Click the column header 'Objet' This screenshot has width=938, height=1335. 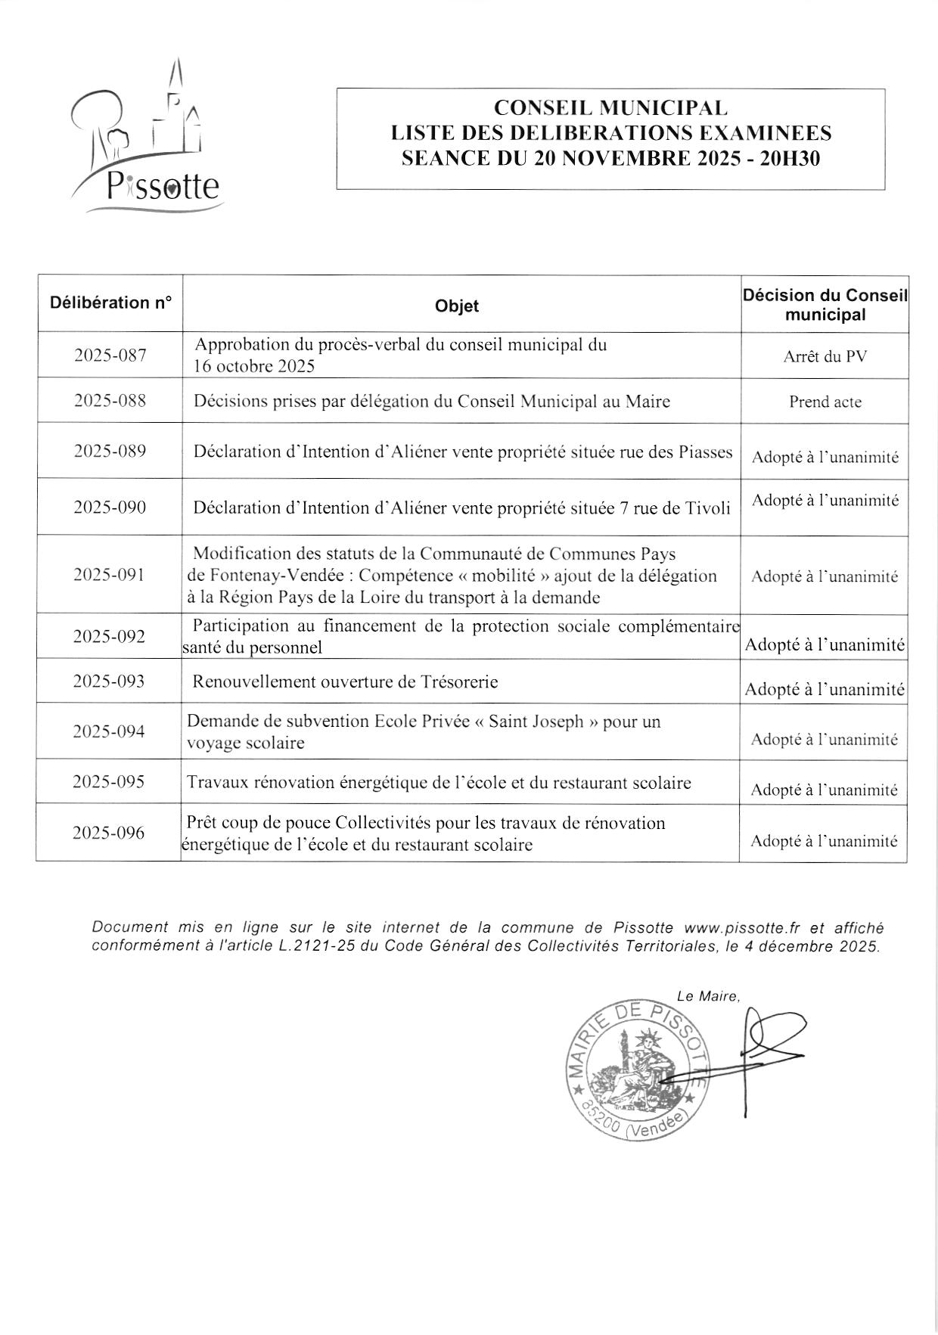[x=457, y=306]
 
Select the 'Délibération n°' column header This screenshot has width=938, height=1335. [x=110, y=303]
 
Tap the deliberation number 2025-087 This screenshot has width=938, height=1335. [x=110, y=355]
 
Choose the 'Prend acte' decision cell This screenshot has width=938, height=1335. [x=825, y=402]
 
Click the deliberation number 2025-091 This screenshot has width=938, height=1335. [x=109, y=574]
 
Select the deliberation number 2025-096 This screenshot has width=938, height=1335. [x=109, y=833]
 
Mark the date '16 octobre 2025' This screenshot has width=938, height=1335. [x=254, y=367]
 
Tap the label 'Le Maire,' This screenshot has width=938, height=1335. [x=708, y=996]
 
